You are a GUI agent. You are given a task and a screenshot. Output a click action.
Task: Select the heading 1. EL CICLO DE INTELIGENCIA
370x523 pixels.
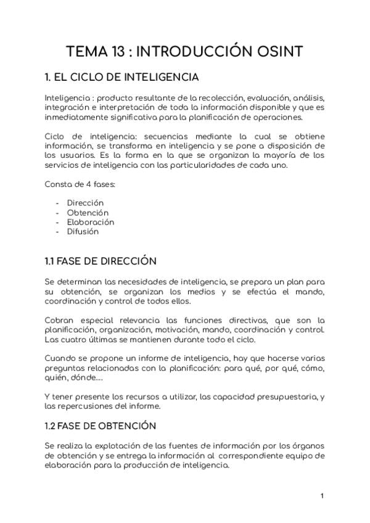(x=121, y=78)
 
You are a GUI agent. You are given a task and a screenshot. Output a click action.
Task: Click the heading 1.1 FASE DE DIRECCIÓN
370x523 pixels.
(x=101, y=261)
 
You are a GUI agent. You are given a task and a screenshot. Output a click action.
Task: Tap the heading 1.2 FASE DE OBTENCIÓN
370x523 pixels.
(x=101, y=426)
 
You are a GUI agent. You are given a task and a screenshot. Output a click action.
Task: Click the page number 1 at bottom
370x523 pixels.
(x=322, y=496)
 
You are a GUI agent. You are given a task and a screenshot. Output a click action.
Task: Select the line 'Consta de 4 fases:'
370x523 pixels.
(x=80, y=184)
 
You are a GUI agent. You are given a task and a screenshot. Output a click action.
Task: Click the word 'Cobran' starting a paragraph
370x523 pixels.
(x=60, y=320)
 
